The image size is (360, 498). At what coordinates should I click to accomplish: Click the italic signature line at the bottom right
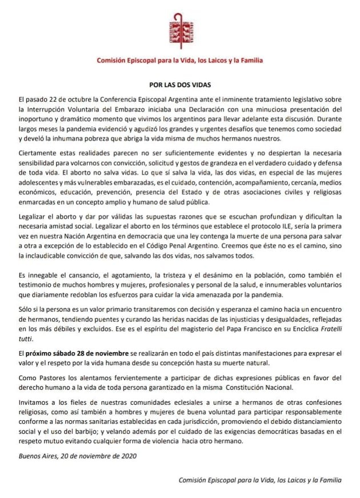point(259,481)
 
